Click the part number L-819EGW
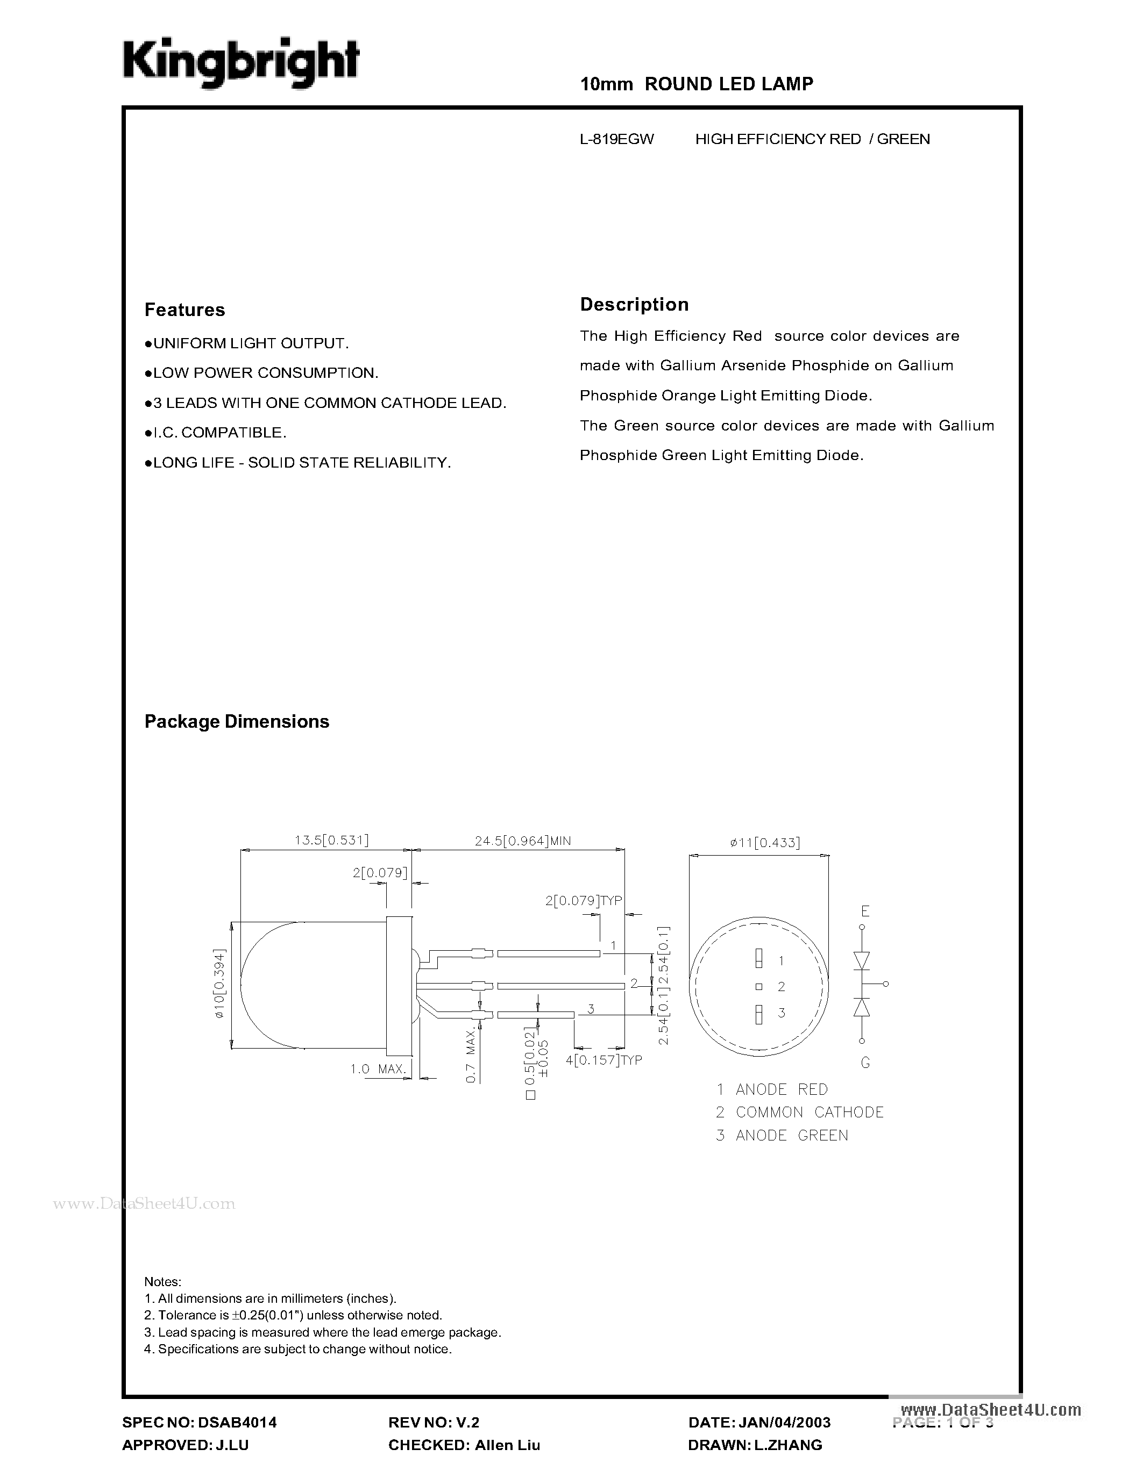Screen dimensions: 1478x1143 pyautogui.click(x=616, y=139)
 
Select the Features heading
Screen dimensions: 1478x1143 pyautogui.click(x=184, y=310)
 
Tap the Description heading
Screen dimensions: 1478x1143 pyautogui.click(x=634, y=305)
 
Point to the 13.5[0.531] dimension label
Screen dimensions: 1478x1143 pyautogui.click(x=331, y=840)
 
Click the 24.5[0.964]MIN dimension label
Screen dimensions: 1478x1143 pyautogui.click(x=522, y=841)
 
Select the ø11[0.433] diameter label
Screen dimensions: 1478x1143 pyautogui.click(x=764, y=843)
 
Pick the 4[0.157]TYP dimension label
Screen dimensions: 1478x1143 pyautogui.click(x=604, y=1060)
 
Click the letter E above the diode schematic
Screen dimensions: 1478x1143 pyautogui.click(x=865, y=912)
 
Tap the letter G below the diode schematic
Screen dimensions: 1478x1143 pyautogui.click(x=865, y=1063)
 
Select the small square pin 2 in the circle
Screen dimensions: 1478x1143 pyautogui.click(x=758, y=986)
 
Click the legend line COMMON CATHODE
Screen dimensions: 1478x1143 pyautogui.click(x=808, y=1112)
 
